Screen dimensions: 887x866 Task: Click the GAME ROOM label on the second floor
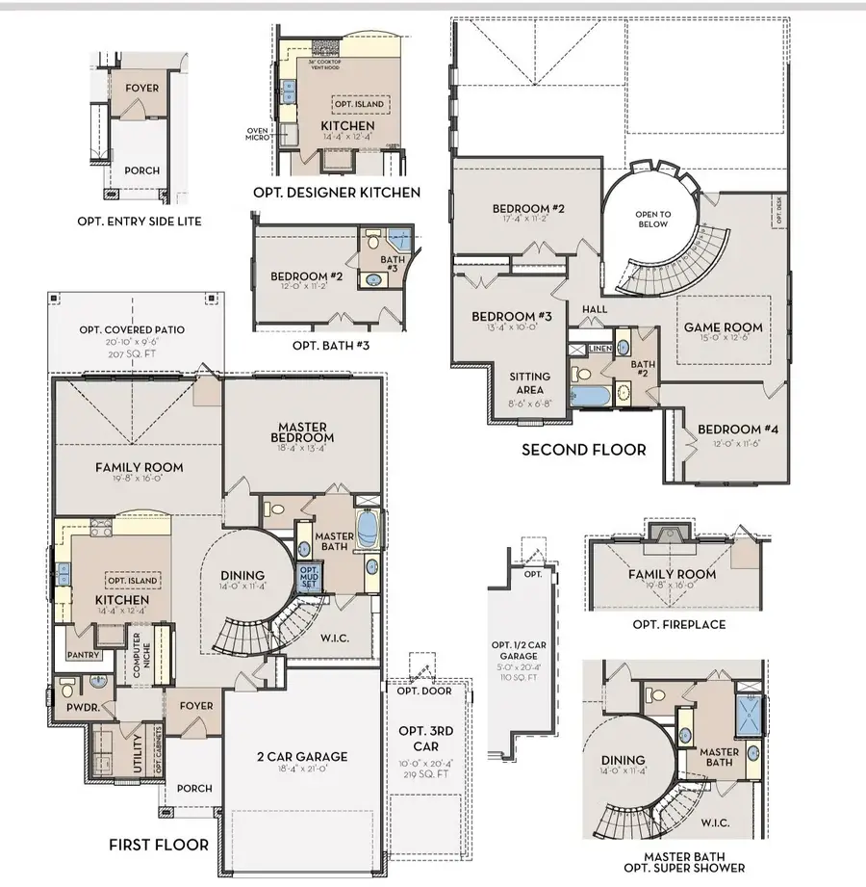point(716,327)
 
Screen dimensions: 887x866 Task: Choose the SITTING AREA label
point(531,383)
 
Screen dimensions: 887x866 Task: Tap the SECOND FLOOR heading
point(583,450)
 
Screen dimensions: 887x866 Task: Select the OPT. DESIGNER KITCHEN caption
point(337,193)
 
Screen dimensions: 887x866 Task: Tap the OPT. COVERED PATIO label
point(132,330)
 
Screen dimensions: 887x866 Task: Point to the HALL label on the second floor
point(592,308)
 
